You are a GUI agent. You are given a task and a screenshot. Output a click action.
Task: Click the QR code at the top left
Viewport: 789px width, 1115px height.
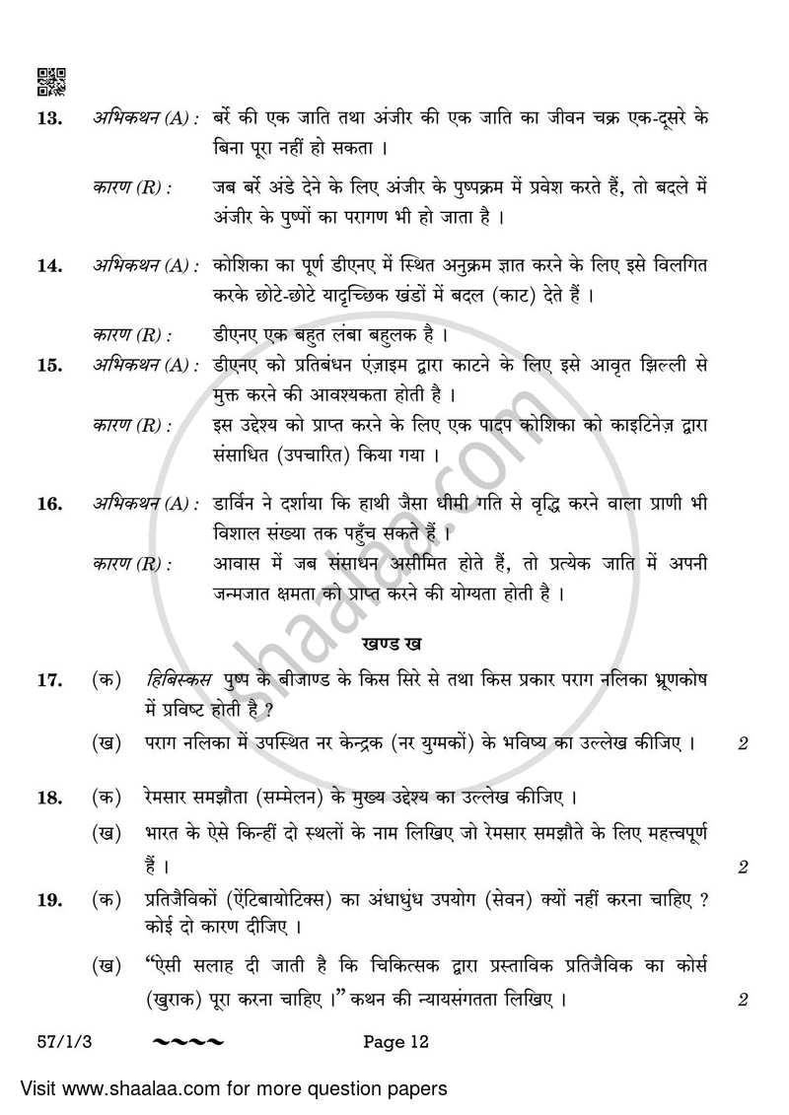coord(51,82)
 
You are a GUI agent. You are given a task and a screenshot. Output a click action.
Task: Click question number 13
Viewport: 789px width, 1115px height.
coord(48,119)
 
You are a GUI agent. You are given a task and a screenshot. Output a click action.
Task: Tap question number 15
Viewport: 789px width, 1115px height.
coord(48,366)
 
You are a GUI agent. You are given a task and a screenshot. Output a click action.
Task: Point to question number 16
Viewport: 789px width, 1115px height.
coord(48,505)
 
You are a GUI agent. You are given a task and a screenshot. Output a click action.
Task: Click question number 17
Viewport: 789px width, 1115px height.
coord(48,680)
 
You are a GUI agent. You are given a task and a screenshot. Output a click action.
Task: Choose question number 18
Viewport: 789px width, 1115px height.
coord(48,798)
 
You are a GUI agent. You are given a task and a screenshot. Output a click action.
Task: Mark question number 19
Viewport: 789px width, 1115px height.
coord(48,900)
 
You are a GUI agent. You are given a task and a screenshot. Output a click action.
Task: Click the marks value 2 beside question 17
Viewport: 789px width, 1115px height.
coord(743,744)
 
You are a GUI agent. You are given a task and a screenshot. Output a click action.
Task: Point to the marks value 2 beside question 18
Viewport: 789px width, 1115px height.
coord(743,868)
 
